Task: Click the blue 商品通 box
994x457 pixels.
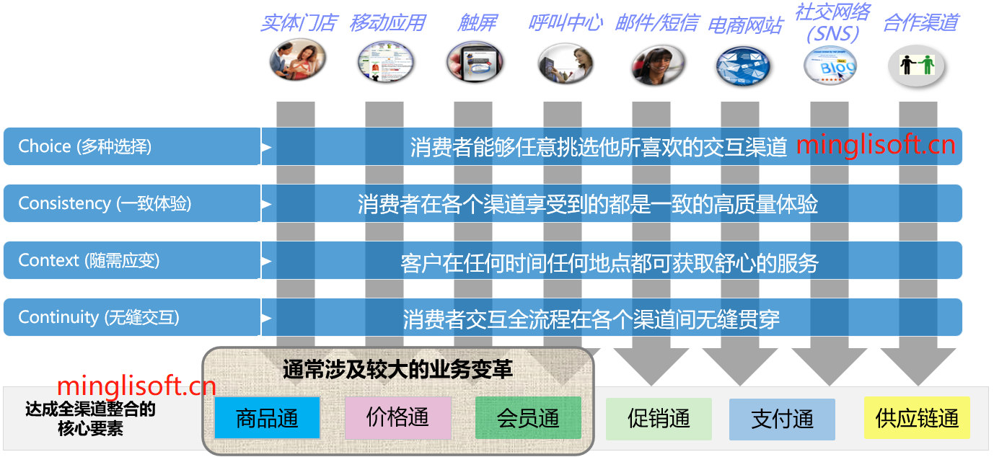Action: (x=267, y=418)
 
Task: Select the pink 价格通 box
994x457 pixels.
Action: (x=397, y=417)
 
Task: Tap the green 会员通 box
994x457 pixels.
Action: (x=528, y=418)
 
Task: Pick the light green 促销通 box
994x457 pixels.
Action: (x=659, y=419)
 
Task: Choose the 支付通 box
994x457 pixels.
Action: (x=782, y=419)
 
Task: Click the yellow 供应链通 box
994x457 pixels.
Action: (x=917, y=419)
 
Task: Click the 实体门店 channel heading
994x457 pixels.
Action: (x=299, y=23)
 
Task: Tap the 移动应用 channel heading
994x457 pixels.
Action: (x=387, y=23)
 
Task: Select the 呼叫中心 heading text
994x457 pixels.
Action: (x=566, y=23)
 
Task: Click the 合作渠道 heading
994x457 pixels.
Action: (x=920, y=23)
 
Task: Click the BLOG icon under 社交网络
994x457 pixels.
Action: (x=831, y=66)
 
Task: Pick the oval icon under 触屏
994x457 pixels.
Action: (x=474, y=63)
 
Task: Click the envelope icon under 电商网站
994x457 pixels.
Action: (x=743, y=66)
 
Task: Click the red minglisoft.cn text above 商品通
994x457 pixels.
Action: (x=136, y=386)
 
